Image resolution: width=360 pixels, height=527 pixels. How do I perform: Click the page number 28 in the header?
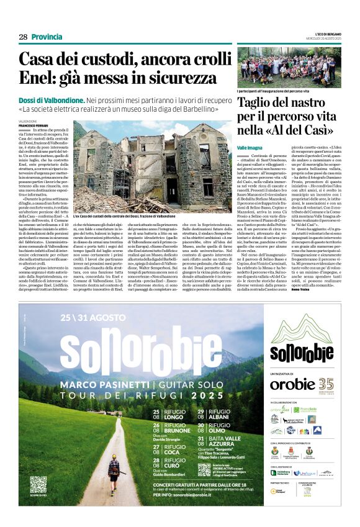click(x=23, y=37)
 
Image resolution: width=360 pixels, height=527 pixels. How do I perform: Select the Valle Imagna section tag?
click(x=250, y=146)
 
